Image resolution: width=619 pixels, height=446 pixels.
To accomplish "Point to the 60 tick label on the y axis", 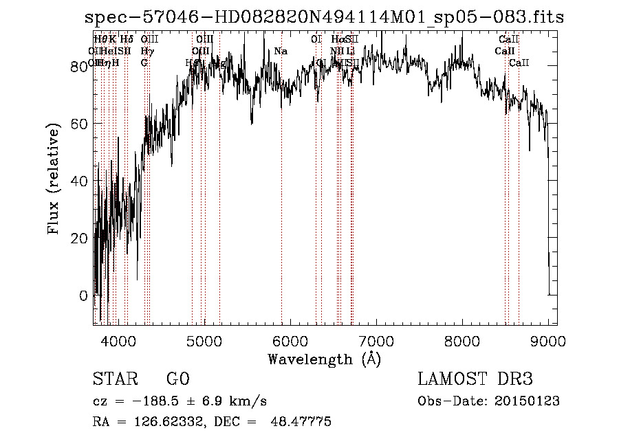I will coord(80,124).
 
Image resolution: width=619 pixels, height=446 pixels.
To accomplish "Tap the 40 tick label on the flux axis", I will coord(80,181).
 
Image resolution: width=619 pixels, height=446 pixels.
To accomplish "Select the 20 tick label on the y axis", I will coord(80,238).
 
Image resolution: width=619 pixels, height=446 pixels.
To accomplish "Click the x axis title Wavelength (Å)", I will coord(324,359).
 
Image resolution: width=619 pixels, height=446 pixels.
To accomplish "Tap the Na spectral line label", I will coord(281,51).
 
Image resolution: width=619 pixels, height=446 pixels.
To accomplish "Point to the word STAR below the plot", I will coord(114,379).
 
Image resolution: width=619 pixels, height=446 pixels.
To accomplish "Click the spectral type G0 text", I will coord(177,379).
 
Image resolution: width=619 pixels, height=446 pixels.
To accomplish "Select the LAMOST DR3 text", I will coord(475,379).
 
